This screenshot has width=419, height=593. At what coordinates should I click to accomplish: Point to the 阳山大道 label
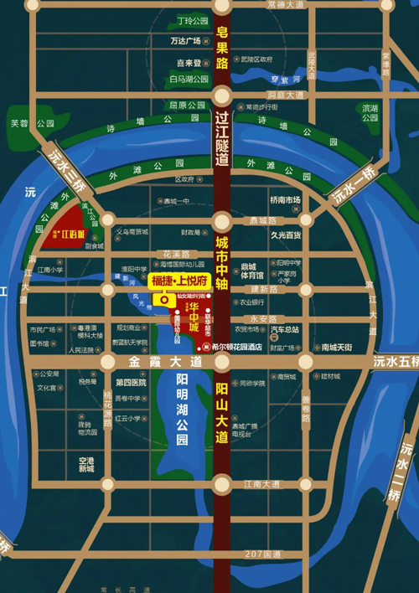tap(221, 412)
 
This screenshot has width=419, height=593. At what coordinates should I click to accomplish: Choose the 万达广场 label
tap(185, 40)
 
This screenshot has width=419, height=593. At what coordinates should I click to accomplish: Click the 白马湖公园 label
tap(186, 80)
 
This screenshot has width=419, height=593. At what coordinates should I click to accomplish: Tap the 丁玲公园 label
tap(193, 20)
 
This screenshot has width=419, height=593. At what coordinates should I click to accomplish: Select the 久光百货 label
tap(285, 235)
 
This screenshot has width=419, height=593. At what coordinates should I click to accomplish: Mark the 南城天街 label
tap(336, 347)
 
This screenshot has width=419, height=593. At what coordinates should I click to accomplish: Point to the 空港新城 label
tap(87, 465)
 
